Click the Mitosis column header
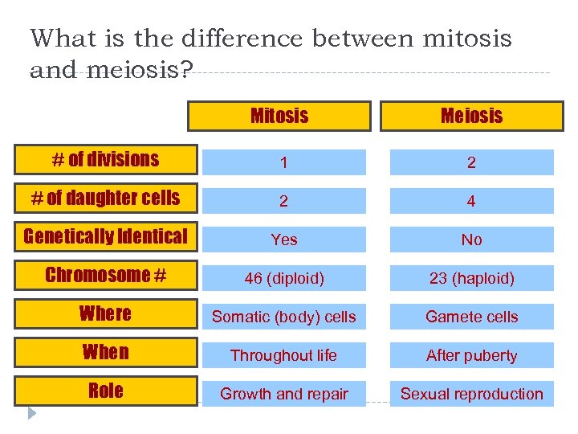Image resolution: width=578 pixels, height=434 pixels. coord(279,116)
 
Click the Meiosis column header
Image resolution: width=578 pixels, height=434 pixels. coord(471,116)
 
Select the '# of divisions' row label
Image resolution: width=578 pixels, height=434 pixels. coord(106,159)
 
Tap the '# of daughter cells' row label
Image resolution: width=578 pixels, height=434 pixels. coord(106,198)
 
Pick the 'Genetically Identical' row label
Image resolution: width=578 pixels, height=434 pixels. coord(106,236)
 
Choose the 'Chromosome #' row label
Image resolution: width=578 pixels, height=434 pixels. coord(106,275)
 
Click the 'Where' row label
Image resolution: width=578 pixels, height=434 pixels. coord(106,313)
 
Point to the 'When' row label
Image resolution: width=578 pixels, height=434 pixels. coord(106,352)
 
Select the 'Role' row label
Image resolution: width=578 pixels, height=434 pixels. coord(106,391)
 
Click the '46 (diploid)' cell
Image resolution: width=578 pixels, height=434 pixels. coord(284,278)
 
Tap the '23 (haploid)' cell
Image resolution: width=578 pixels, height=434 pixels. coord(472,278)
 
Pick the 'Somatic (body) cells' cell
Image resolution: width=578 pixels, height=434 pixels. coord(284,317)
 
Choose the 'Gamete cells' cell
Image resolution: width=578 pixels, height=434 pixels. coord(472,317)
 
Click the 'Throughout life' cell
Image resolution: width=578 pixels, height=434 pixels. coord(284,355)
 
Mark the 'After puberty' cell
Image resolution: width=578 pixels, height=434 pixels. coord(472,355)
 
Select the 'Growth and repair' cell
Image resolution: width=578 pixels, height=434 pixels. coord(284,394)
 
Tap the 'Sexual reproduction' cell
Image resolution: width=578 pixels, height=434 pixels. coord(472,394)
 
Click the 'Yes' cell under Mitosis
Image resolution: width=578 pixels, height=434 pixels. coord(284,240)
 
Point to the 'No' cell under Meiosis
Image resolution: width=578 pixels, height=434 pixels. coord(472,240)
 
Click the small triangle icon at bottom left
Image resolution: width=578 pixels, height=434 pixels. coord(32,414)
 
